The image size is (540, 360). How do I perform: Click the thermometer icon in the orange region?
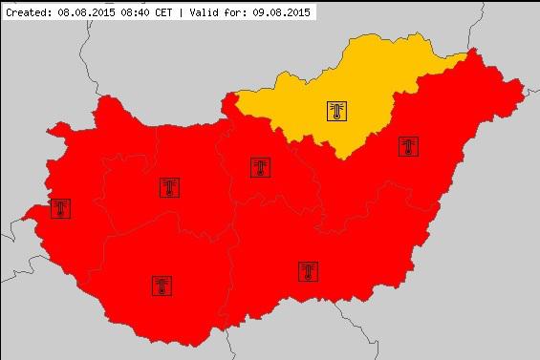336,111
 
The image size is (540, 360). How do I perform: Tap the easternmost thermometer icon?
408,147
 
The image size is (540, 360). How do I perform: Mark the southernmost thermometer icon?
161,285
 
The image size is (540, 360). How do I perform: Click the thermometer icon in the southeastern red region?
308,271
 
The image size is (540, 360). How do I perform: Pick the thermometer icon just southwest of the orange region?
259,168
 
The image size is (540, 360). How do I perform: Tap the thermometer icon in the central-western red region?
170,187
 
